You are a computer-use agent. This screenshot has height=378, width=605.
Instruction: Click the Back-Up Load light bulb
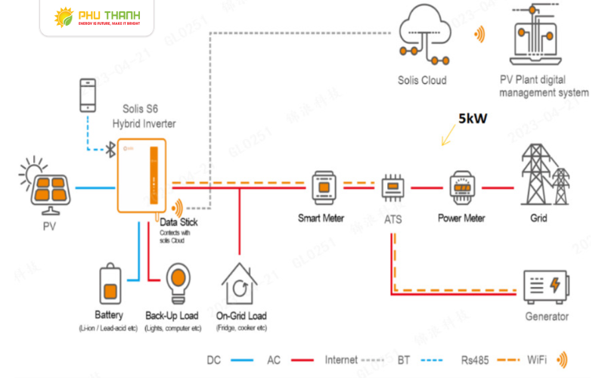click(x=179, y=281)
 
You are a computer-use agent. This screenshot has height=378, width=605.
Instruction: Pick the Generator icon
click(x=547, y=287)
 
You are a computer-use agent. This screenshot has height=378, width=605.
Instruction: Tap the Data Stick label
click(x=178, y=222)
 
